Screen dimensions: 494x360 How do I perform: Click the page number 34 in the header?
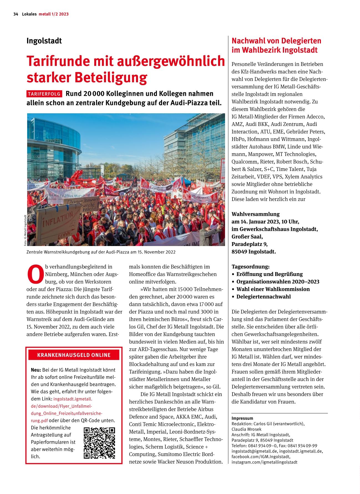(16, 14)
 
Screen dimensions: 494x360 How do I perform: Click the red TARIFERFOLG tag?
(44, 94)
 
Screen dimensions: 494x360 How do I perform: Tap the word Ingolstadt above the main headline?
(44, 41)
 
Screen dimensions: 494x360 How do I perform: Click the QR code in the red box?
(99, 443)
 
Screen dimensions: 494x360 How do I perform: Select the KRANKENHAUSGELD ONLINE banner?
(74, 355)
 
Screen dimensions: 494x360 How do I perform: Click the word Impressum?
(242, 418)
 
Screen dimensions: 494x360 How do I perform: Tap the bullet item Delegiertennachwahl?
(263, 296)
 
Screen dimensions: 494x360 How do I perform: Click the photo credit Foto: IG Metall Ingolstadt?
(25, 230)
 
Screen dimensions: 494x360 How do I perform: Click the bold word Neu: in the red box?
(36, 370)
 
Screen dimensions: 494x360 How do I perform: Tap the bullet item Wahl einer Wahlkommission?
(273, 289)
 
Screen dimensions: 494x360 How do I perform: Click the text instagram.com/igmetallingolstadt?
(264, 462)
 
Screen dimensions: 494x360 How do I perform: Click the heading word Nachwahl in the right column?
(247, 41)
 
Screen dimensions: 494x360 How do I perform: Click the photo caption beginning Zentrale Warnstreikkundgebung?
(101, 252)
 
